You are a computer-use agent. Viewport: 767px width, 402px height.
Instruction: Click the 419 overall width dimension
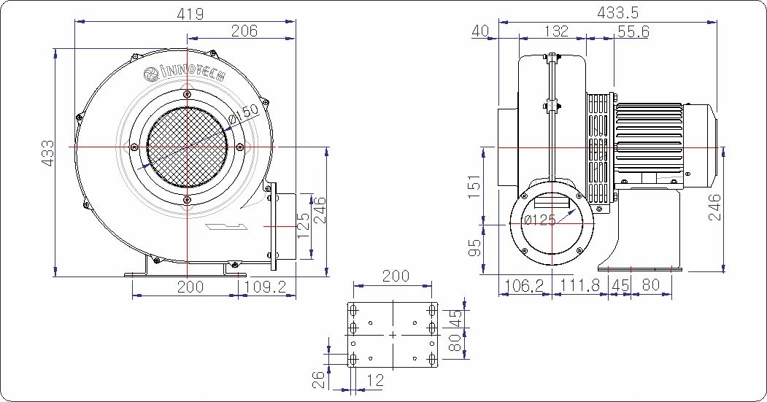[190, 14]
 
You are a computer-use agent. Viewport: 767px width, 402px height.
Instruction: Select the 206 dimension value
[244, 31]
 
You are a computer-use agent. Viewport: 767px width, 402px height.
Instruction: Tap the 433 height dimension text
[47, 153]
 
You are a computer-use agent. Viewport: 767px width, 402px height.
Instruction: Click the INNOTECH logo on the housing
[185, 74]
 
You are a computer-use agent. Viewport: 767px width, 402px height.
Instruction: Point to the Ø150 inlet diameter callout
[244, 115]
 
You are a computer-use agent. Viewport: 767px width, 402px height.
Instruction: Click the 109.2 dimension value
[265, 287]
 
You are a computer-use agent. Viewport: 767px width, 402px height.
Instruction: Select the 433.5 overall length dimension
[618, 12]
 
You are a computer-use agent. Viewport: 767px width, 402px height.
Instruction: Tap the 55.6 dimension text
[633, 32]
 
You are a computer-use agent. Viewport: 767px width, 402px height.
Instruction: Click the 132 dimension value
[556, 31]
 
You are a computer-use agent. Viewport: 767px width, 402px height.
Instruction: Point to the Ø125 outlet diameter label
[539, 220]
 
